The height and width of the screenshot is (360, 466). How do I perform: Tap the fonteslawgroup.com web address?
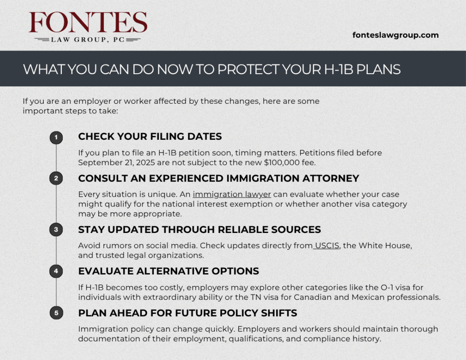tap(395, 35)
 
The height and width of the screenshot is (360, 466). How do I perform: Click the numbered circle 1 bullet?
tap(56, 137)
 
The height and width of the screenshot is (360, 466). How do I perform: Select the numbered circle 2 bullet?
tap(56, 178)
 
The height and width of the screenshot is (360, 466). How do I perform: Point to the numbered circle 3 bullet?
tap(56, 229)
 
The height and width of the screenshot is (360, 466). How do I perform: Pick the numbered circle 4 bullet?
tap(56, 271)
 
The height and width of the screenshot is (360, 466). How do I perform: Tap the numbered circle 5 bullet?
tap(56, 313)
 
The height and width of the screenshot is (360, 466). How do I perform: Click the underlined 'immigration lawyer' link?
tap(232, 194)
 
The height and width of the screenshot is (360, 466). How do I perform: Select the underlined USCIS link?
tap(327, 246)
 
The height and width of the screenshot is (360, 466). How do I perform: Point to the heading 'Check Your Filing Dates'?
tap(150, 137)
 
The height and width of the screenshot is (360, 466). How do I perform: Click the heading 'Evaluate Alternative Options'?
tap(168, 271)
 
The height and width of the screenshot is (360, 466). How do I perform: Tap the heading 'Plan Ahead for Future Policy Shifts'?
tap(188, 313)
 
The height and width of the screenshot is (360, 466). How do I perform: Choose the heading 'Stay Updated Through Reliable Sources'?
tap(200, 229)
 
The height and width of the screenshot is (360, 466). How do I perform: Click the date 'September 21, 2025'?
tap(116, 162)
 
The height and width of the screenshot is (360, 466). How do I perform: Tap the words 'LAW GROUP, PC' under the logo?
tap(88, 40)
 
